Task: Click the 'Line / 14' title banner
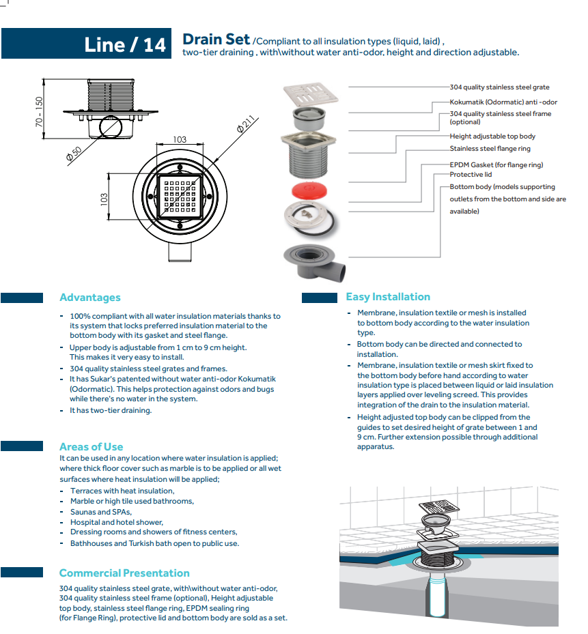[125, 44]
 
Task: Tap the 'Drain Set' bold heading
[216, 40]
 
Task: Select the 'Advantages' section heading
[89, 298]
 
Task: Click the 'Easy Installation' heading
[388, 297]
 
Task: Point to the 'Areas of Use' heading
[91, 447]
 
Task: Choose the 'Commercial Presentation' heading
[124, 573]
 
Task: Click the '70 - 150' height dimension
[39, 111]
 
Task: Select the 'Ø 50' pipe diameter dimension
[74, 154]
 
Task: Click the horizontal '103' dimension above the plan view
[179, 140]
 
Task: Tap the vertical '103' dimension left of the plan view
[104, 199]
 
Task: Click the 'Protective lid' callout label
[471, 175]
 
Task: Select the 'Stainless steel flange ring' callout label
[490, 149]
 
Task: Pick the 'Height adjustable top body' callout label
[492, 136]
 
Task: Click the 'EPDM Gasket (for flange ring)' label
[496, 164]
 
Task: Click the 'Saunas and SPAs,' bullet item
[100, 512]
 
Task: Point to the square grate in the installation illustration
[438, 509]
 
